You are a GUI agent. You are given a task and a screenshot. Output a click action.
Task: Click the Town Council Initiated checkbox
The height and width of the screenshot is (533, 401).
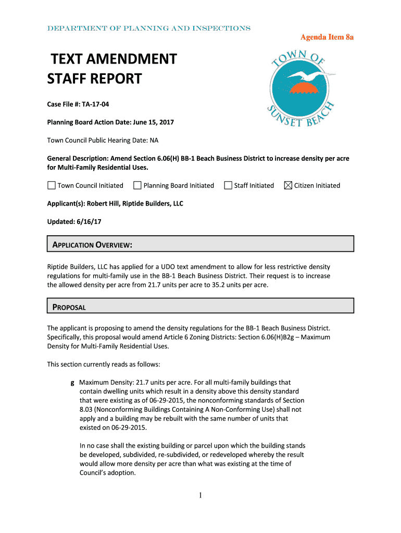coord(52,185)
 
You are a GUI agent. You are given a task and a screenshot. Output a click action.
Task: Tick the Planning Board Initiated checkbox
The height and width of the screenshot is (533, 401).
coord(137,185)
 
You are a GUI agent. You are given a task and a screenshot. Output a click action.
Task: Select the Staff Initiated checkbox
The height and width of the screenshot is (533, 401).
coord(228,185)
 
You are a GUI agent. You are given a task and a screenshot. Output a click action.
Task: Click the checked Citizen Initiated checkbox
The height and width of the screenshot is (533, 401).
coord(288,185)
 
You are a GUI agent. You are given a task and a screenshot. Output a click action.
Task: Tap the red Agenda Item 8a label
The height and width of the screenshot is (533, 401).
coord(327,37)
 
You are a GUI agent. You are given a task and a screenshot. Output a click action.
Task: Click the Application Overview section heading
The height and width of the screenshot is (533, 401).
coord(92,245)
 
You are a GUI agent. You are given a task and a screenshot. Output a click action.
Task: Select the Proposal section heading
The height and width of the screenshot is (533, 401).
coord(69,307)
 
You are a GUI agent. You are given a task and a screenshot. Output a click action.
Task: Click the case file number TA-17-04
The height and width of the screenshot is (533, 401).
coord(97,104)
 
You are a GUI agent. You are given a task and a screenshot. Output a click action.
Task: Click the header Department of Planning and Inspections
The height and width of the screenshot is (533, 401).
coord(149,29)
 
